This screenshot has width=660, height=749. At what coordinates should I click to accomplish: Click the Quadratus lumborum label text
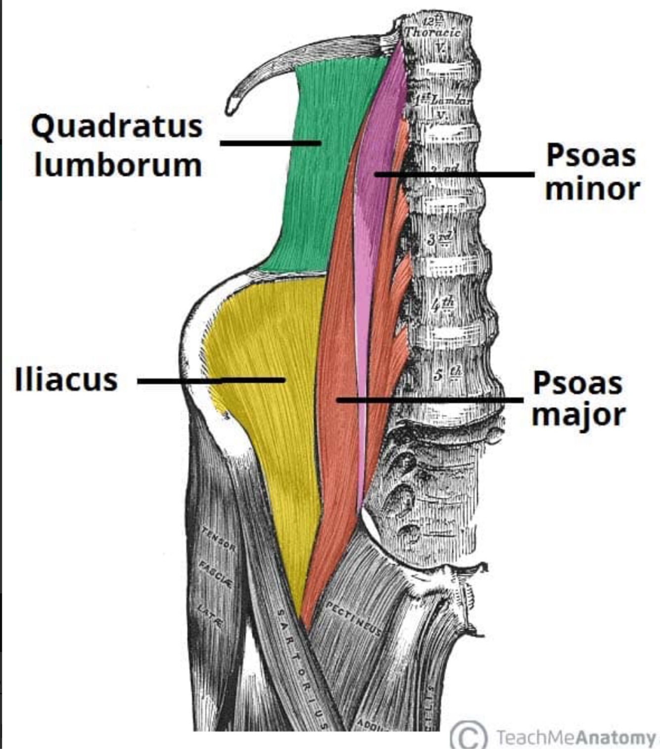pos(117,145)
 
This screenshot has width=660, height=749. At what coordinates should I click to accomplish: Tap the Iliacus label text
pos(66,380)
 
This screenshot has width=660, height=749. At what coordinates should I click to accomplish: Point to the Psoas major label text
pos(578,398)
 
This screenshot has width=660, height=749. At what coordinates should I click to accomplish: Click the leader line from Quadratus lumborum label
pos(270,143)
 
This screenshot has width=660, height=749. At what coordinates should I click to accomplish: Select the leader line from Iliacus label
pos(210,380)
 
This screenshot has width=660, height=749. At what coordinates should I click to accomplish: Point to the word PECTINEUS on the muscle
pos(354,618)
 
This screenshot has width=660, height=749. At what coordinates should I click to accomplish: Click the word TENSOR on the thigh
pos(218,539)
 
